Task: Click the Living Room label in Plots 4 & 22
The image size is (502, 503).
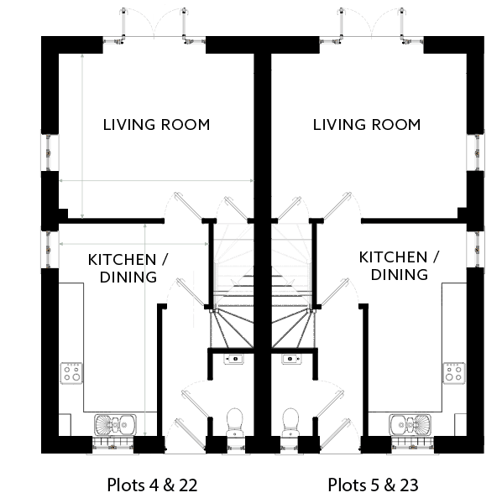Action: (156, 125)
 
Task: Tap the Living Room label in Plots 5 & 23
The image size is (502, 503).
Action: (367, 125)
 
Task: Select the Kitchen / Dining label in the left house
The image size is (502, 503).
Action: (128, 268)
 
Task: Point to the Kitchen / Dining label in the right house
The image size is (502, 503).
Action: (400, 266)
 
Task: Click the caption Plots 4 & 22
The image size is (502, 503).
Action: (152, 485)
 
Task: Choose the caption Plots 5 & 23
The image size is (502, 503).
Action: (374, 485)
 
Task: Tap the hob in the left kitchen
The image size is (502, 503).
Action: (71, 373)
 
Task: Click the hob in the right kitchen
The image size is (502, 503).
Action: (454, 373)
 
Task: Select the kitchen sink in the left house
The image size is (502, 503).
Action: (115, 425)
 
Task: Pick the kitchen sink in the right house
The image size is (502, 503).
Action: (410, 425)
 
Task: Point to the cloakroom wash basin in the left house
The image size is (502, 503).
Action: (234, 359)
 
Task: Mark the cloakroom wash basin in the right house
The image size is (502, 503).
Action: (291, 359)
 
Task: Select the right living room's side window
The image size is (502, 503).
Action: (476, 153)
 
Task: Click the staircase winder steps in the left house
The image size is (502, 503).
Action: (231, 328)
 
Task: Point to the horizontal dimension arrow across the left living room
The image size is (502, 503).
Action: (156, 180)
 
